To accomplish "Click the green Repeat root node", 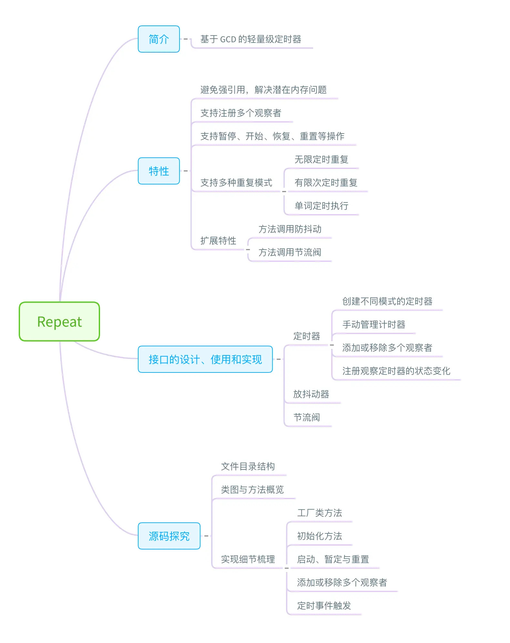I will click(x=59, y=321).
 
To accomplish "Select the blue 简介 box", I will click(x=158, y=39).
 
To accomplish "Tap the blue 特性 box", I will click(x=158, y=171).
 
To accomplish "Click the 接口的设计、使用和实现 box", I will click(x=205, y=359).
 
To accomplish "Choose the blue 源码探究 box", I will click(x=169, y=536).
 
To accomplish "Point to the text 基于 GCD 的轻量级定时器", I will click(x=250, y=39).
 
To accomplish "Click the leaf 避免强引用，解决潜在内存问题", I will click(x=263, y=90).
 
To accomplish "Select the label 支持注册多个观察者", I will click(x=240, y=113).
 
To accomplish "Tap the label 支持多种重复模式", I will click(x=236, y=183).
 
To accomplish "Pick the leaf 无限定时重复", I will click(x=321, y=159).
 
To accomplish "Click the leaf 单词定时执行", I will click(x=321, y=206).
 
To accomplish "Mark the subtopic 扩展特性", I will click(x=218, y=241).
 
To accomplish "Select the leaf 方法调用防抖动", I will click(x=290, y=229).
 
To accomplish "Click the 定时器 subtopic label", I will click(x=306, y=336).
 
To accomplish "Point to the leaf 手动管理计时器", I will click(x=373, y=324).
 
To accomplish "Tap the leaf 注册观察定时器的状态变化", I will click(x=396, y=371).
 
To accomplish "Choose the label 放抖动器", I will click(x=311, y=394).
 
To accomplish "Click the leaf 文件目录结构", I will click(x=248, y=466).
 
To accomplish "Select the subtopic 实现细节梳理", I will click(x=248, y=559).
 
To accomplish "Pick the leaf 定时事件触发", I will click(x=324, y=606).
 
